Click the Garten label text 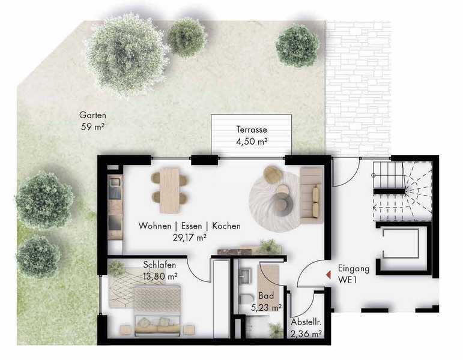92,115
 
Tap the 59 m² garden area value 92,127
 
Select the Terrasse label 252,129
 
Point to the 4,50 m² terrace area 252,142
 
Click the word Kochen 226,226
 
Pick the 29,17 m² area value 190,238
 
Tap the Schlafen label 160,265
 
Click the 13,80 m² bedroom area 160,277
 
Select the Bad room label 266,295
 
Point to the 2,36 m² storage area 306,334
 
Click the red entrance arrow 328,275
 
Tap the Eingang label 354,269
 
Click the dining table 170,190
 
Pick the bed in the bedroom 157,311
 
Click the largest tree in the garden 127,55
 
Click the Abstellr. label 306,322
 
